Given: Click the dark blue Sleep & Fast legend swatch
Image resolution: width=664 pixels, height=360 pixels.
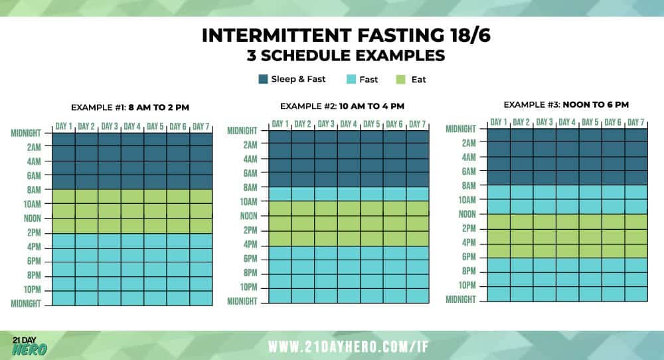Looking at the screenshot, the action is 263,79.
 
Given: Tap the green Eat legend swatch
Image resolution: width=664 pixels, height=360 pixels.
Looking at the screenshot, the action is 400,79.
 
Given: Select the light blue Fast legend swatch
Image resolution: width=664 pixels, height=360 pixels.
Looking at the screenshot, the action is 351,79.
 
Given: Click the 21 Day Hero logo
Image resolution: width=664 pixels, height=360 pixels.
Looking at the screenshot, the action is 30,346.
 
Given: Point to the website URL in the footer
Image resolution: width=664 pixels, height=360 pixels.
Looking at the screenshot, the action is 349,347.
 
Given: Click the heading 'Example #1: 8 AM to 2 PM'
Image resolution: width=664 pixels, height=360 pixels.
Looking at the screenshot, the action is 130,108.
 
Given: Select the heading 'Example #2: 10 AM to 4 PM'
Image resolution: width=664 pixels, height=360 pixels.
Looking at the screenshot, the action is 342,106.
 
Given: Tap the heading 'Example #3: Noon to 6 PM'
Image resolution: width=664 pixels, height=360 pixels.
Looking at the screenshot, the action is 566,104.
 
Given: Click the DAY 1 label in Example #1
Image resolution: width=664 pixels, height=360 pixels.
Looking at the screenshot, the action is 64,126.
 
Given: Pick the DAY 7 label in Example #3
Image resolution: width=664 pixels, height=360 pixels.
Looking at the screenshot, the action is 636,122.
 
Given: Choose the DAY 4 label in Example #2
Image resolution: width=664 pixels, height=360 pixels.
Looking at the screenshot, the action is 349,124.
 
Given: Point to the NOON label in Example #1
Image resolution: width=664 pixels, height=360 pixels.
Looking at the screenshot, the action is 33,218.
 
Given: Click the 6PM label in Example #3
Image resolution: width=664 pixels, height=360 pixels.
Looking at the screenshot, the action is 469,256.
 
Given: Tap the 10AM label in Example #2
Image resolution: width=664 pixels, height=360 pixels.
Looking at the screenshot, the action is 248,202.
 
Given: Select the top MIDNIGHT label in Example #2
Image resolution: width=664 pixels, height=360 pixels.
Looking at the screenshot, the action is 242,130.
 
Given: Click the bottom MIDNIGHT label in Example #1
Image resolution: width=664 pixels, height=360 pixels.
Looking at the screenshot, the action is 26,304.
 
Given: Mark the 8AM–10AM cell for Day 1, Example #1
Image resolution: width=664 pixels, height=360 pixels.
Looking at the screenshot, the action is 64,197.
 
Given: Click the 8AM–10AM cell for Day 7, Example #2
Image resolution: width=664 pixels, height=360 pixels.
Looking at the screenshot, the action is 418,194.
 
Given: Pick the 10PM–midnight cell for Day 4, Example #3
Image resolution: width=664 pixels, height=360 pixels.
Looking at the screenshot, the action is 568,294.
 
